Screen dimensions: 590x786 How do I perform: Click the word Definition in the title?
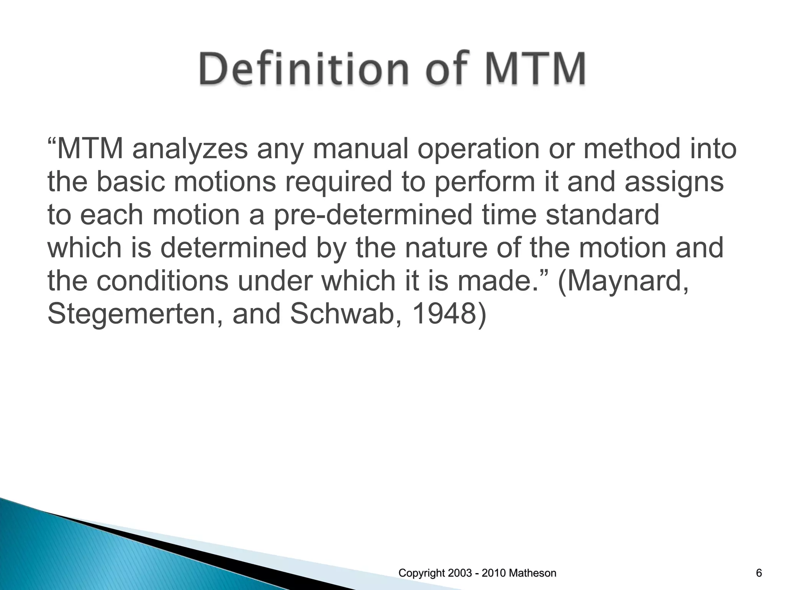pos(297,70)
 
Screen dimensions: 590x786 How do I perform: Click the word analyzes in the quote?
pos(190,149)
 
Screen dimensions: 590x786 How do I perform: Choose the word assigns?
pos(674,182)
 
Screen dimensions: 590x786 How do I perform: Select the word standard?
pos(602,215)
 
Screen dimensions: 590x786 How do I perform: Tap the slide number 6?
pos(759,573)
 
